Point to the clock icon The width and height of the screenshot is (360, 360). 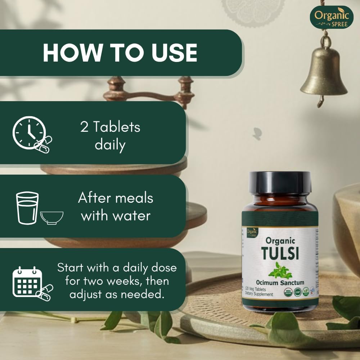click(x=30, y=131)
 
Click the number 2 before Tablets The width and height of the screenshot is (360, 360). click(x=85, y=127)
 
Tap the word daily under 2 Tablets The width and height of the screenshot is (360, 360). click(x=110, y=145)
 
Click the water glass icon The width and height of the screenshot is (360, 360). click(x=27, y=208)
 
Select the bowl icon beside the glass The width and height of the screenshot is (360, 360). click(x=52, y=217)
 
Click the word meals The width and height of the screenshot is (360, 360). click(x=135, y=198)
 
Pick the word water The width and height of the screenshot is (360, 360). click(x=131, y=216)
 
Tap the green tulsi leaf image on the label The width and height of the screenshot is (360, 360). click(x=280, y=270)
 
